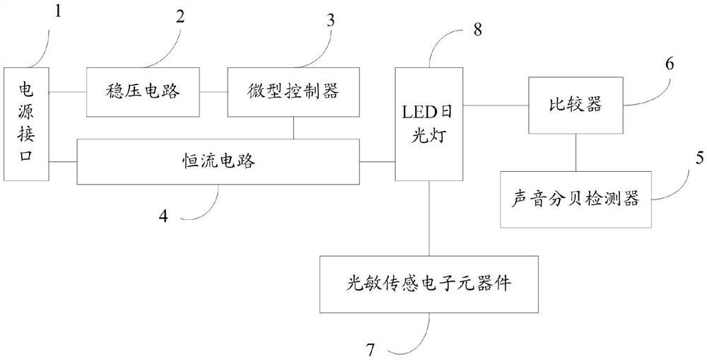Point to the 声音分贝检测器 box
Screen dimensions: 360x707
pyautogui.click(x=575, y=199)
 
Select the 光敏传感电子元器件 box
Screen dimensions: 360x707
pyautogui.click(x=430, y=284)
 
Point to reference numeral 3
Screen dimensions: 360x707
pyautogui.click(x=330, y=19)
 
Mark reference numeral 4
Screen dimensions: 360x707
pyautogui.click(x=163, y=214)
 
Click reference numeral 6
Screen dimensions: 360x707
pyautogui.click(x=669, y=63)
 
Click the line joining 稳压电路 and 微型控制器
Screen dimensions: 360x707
pyautogui.click(x=214, y=92)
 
